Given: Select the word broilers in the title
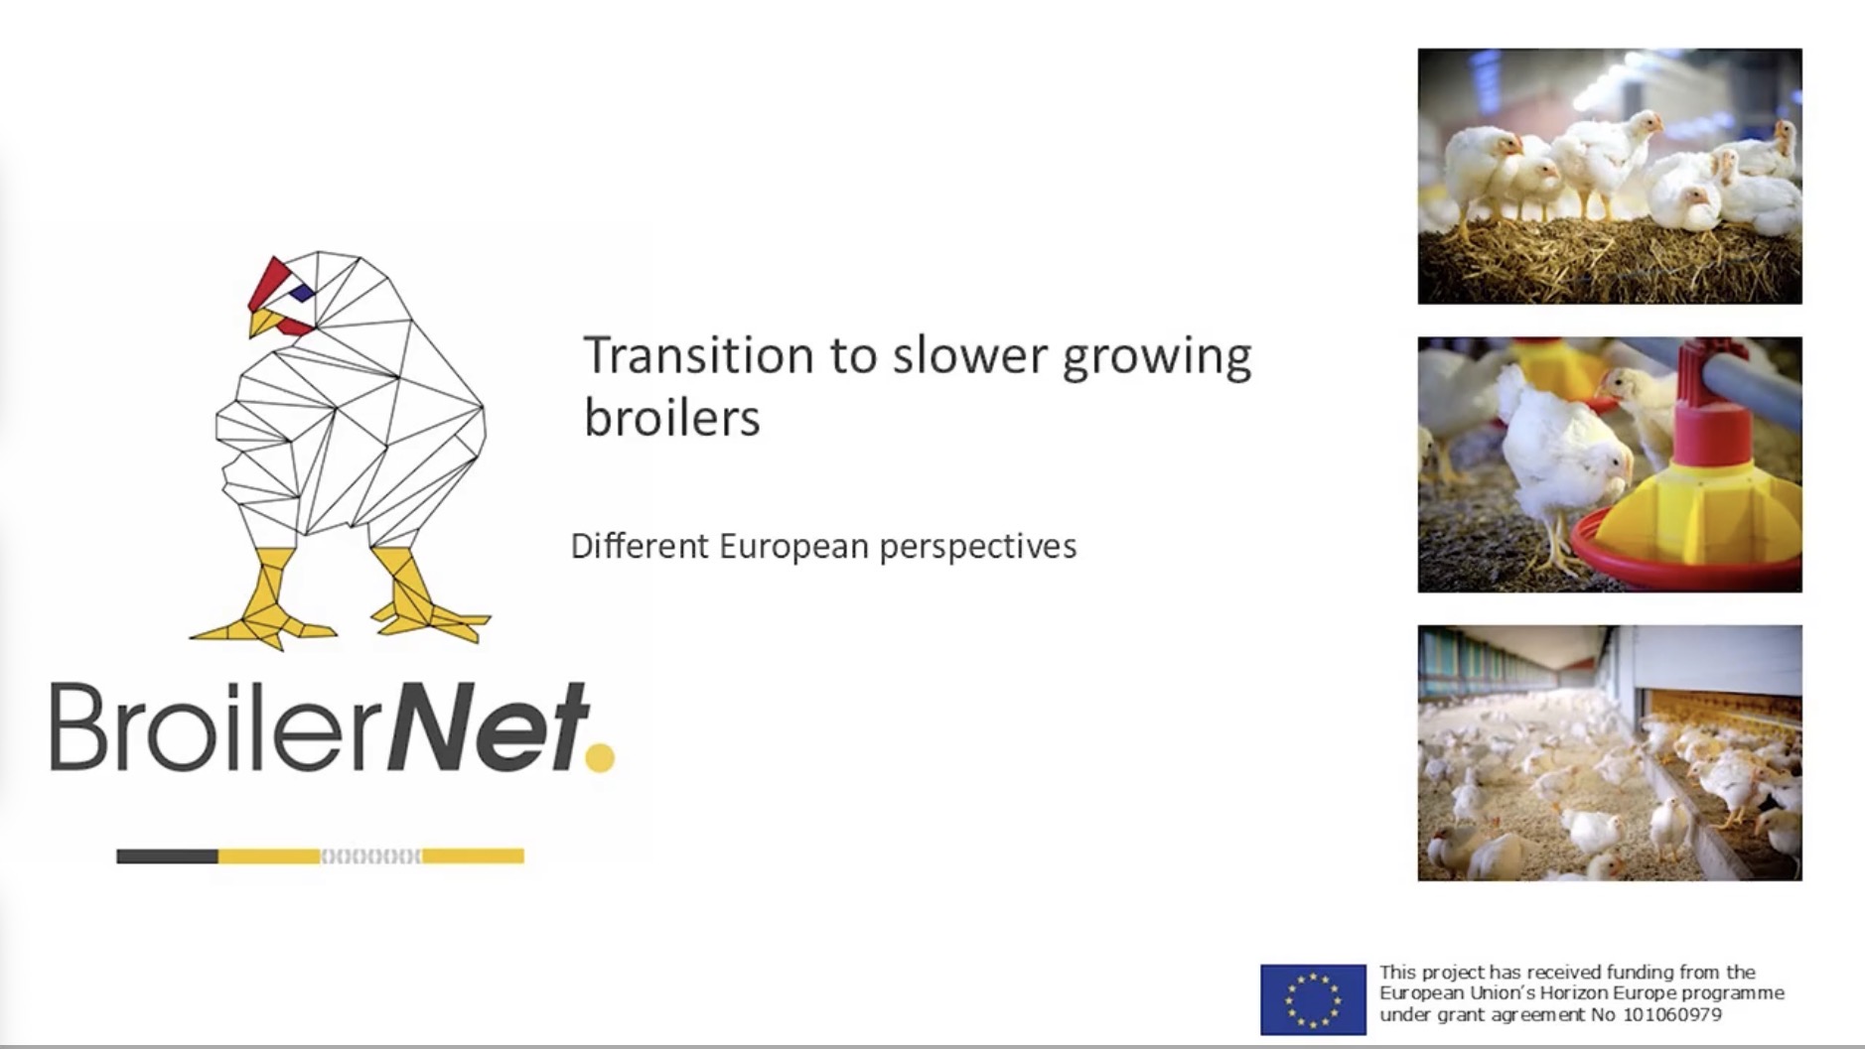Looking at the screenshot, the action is click(671, 416).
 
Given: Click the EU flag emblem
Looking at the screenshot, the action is click(1313, 998).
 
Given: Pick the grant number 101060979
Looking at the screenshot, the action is click(1672, 1014).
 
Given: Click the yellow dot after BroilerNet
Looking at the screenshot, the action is click(600, 757).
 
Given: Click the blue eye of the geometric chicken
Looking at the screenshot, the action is click(302, 292).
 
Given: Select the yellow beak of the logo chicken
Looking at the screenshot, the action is click(263, 322).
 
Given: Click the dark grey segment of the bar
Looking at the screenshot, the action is click(167, 855).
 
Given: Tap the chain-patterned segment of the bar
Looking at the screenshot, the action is click(371, 855).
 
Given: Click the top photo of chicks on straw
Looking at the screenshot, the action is click(1610, 176).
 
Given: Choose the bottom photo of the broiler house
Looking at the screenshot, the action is click(1610, 752).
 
